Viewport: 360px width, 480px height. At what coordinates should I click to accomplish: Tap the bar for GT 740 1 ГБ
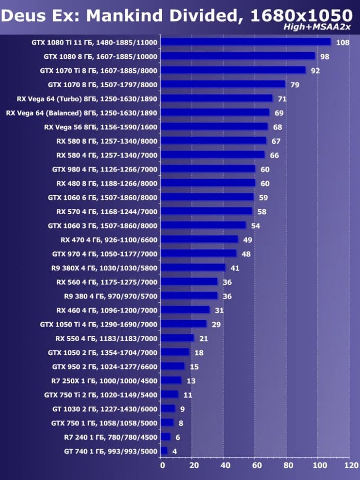click(164, 451)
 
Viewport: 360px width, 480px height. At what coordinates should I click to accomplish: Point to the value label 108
click(342, 43)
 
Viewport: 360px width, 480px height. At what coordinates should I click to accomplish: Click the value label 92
click(315, 71)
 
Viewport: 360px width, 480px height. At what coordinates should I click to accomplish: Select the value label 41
click(234, 268)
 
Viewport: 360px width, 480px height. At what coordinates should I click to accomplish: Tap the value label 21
click(203, 338)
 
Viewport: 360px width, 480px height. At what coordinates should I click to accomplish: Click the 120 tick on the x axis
click(351, 466)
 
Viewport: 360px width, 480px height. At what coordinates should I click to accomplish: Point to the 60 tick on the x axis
click(256, 466)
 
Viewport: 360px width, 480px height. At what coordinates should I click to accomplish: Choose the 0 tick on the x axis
click(162, 466)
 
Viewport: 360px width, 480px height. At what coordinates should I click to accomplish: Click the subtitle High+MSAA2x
click(317, 27)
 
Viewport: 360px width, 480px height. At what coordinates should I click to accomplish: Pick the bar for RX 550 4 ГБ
click(178, 338)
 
